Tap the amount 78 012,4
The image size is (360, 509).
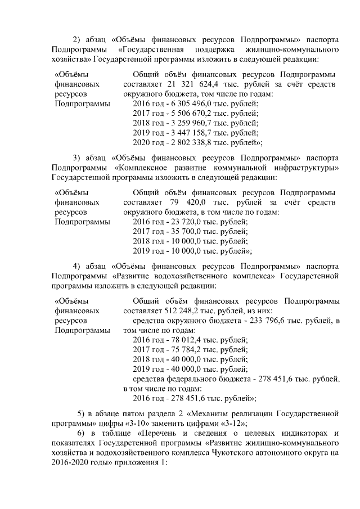click(188, 340)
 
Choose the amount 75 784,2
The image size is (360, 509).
click(188, 349)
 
